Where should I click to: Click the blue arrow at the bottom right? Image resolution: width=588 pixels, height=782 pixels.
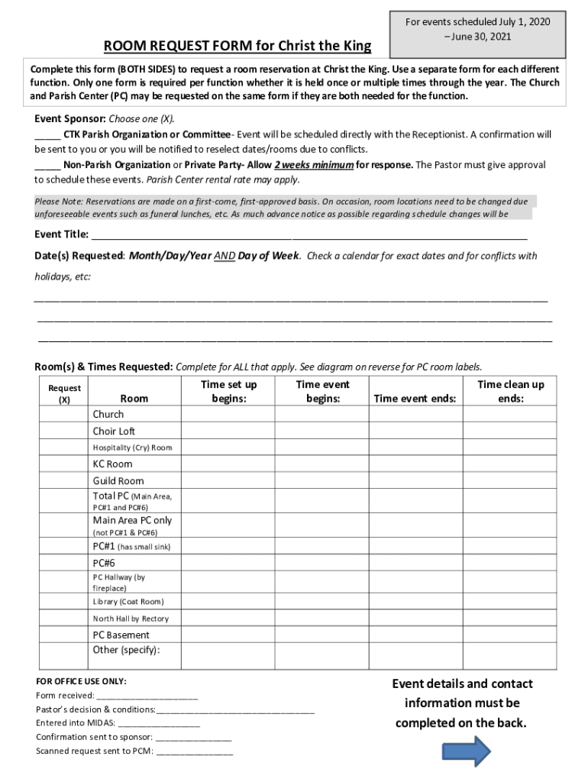click(467, 751)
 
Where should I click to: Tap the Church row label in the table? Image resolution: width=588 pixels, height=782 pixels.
click(108, 414)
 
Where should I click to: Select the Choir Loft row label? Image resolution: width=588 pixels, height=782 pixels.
click(114, 431)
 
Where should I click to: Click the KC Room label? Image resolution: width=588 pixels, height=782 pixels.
click(112, 464)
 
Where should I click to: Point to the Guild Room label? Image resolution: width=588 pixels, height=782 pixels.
click(118, 480)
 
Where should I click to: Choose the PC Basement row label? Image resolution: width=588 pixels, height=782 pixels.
click(121, 635)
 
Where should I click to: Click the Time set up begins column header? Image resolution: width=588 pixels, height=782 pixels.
click(228, 391)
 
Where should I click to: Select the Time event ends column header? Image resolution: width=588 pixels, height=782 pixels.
click(415, 398)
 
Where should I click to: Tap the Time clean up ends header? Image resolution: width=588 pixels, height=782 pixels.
click(510, 391)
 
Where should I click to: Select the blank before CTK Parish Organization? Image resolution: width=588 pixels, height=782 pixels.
click(47, 134)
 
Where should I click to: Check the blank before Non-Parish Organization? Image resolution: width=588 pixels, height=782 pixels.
click(47, 165)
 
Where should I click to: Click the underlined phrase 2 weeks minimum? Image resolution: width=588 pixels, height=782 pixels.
click(314, 165)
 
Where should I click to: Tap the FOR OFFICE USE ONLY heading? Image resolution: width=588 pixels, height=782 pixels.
click(82, 681)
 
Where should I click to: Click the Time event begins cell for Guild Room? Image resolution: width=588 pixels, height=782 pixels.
click(323, 480)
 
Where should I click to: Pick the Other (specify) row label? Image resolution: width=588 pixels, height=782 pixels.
click(127, 650)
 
